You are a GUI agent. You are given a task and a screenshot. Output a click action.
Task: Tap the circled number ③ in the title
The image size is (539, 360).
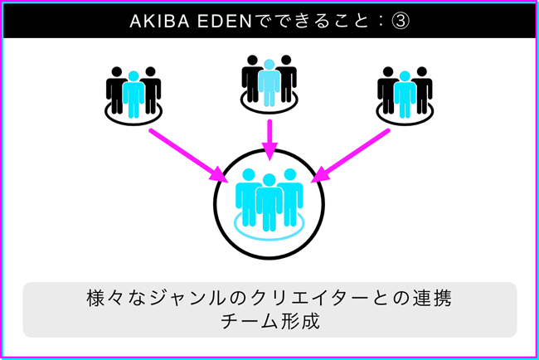(x=399, y=22)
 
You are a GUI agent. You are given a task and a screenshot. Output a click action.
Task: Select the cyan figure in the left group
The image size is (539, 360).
(x=134, y=93)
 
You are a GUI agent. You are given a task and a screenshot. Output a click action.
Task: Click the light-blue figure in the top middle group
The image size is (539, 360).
(x=269, y=80)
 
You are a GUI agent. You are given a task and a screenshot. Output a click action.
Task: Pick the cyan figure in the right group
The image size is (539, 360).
(x=405, y=93)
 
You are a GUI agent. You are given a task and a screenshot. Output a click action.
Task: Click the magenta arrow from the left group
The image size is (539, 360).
(x=187, y=155)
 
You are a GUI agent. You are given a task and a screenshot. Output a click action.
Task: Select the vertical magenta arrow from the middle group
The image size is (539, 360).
(x=269, y=138)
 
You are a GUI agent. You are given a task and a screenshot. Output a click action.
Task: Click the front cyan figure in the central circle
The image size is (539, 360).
(x=268, y=203)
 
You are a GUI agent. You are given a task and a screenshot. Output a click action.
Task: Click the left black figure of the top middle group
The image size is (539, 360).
(x=251, y=77)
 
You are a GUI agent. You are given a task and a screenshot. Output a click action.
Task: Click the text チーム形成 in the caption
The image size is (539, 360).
(x=269, y=322)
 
